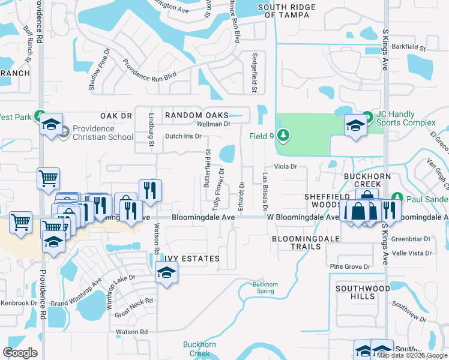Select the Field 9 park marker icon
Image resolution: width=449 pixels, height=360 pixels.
pyautogui.click(x=283, y=136)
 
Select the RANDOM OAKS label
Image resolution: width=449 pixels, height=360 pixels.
pyautogui.click(x=197, y=115)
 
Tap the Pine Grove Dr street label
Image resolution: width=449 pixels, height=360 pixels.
pyautogui.click(x=351, y=266)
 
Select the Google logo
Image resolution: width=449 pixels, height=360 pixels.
pyautogui.click(x=20, y=353)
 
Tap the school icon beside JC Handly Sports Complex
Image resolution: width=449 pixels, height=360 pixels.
pyautogui.click(x=355, y=126)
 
